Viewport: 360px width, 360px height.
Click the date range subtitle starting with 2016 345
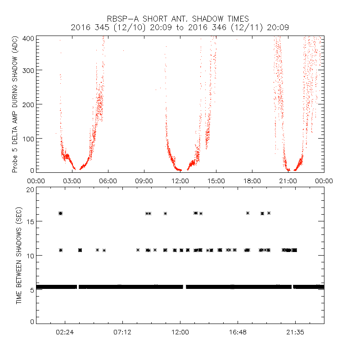180,28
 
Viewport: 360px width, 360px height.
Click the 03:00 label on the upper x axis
72,181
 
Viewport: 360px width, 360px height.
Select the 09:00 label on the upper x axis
144,181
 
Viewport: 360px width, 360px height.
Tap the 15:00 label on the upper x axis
216,181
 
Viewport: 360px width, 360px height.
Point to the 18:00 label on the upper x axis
252,181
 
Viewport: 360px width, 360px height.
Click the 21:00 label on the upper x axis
288,181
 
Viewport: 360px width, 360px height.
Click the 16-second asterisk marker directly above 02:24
61,213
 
